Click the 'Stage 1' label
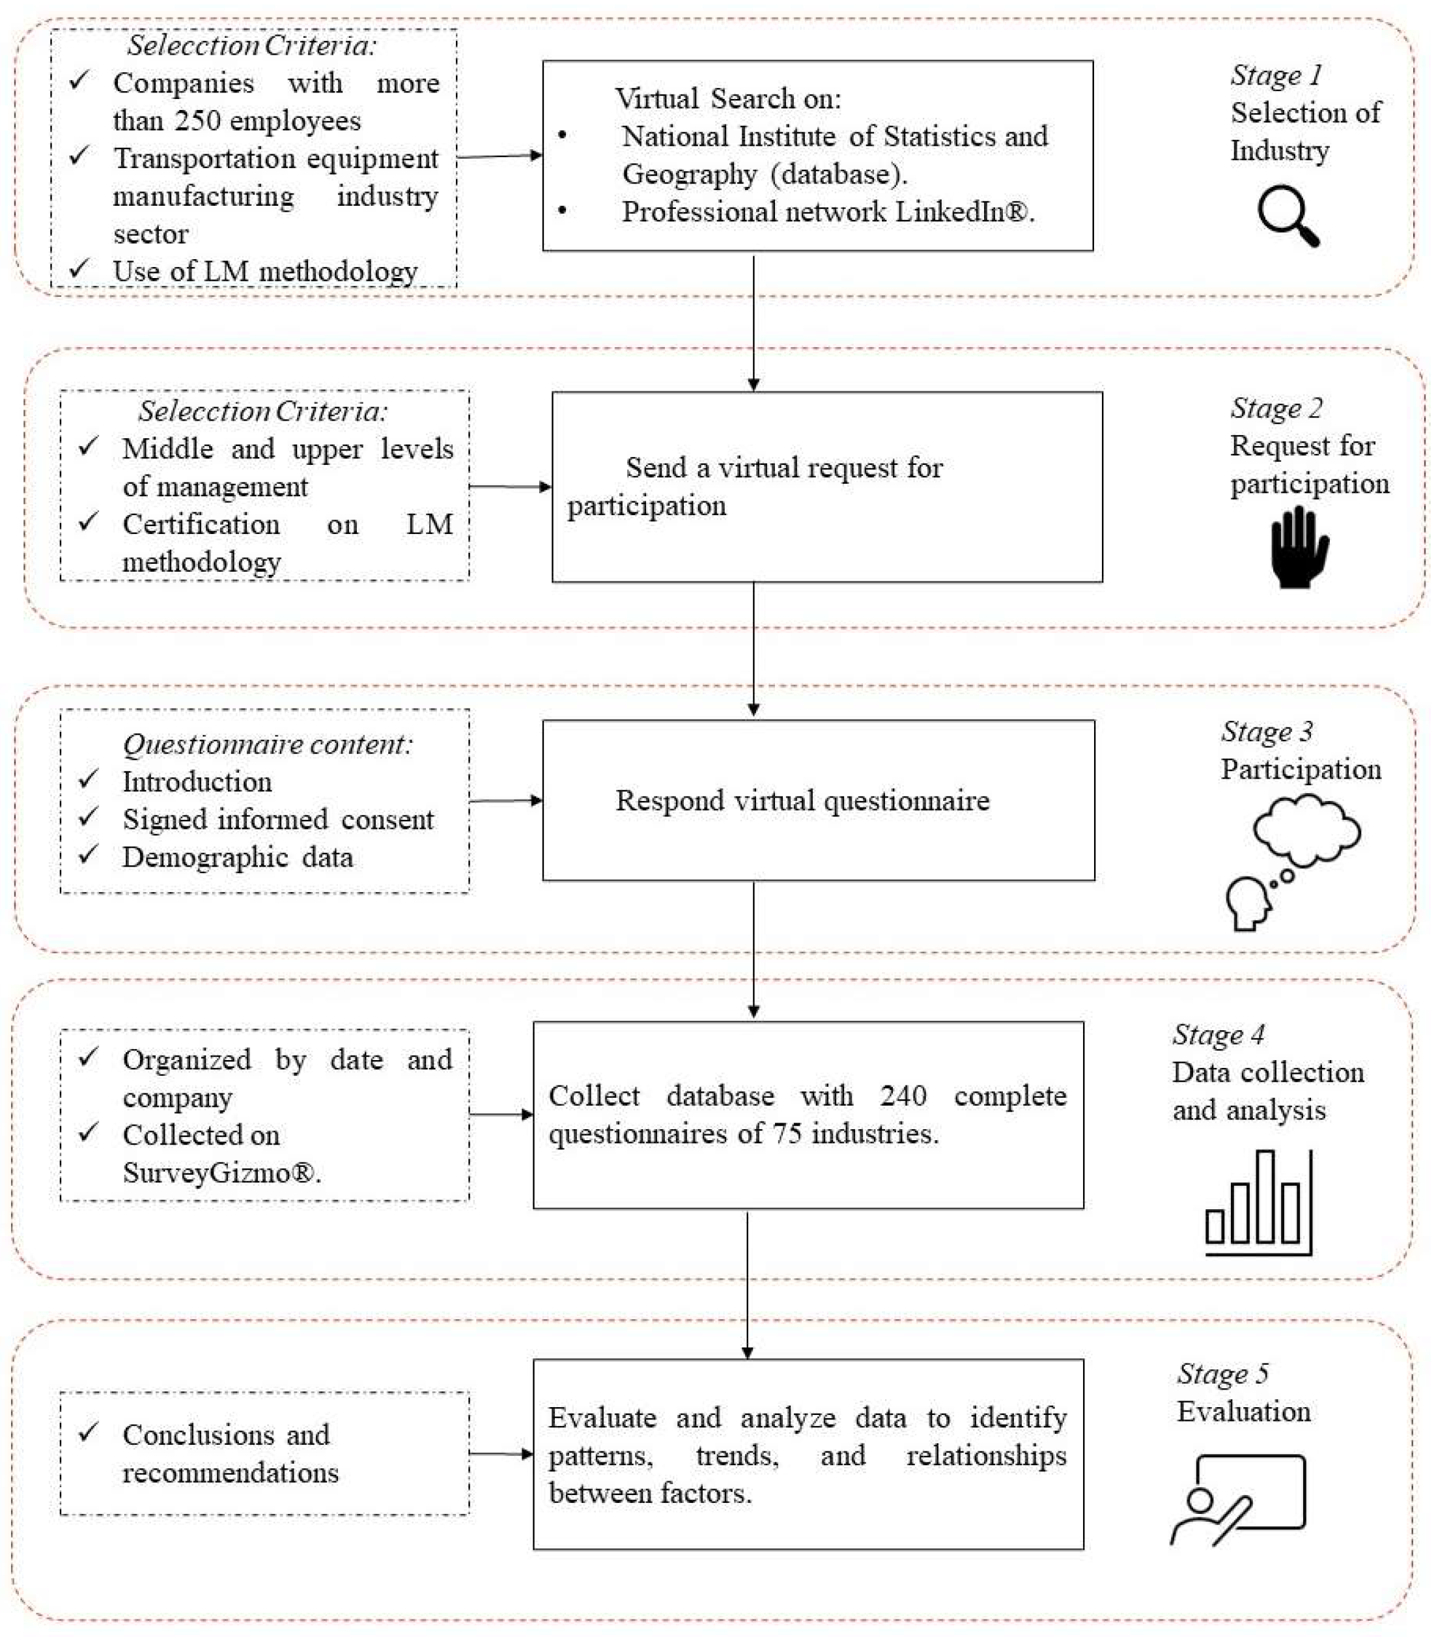click(x=1276, y=76)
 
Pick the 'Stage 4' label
click(x=1218, y=1035)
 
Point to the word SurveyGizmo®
click(x=221, y=1173)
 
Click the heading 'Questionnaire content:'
click(x=268, y=744)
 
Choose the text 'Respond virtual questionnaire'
click(x=802, y=800)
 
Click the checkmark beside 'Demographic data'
click(x=88, y=856)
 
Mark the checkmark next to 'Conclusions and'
click(x=88, y=1433)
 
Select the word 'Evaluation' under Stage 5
click(x=1243, y=1411)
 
